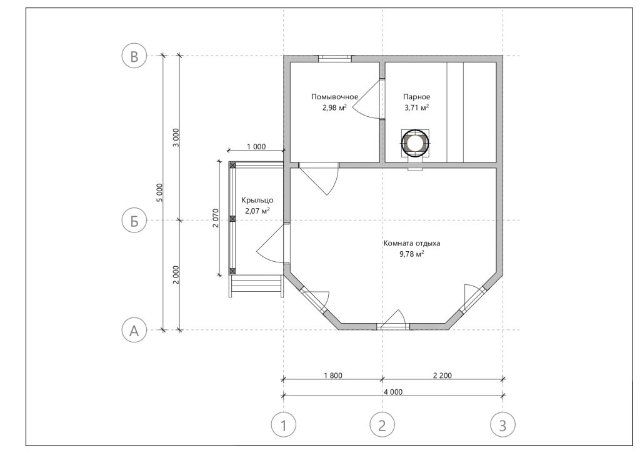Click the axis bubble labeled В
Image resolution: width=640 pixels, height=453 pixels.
click(134, 56)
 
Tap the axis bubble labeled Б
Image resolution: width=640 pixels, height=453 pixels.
click(134, 221)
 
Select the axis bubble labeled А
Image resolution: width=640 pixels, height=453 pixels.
click(134, 330)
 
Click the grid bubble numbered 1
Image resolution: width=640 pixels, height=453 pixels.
click(284, 426)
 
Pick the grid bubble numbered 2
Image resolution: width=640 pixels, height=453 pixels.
click(382, 426)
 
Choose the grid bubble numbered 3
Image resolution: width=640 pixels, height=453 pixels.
click(502, 426)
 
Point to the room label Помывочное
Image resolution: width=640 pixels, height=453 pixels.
click(335, 97)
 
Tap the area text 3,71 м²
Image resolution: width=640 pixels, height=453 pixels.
click(416, 107)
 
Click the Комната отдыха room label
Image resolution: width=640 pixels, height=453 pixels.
click(412, 243)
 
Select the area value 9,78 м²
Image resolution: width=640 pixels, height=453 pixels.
click(411, 254)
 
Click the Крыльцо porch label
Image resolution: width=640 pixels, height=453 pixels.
click(257, 201)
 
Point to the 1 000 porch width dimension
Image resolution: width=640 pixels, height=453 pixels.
click(256, 147)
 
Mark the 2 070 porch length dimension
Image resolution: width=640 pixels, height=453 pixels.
click(216, 218)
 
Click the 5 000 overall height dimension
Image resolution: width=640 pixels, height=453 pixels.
click(159, 192)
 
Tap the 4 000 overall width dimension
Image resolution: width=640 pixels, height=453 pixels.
click(393, 392)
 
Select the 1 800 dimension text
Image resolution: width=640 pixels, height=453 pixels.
click(333, 376)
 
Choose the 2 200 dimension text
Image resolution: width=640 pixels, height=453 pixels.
click(442, 376)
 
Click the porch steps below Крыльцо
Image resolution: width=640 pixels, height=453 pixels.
click(257, 286)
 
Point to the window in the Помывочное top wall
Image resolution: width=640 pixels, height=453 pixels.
click(335, 59)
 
